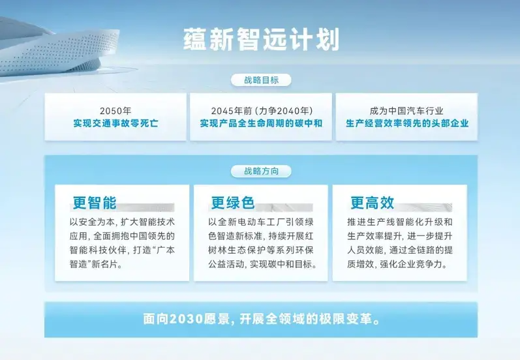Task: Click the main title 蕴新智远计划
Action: tap(262, 40)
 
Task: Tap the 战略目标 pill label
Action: tap(262, 80)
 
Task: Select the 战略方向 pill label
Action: tap(262, 171)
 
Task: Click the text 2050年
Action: tap(115, 111)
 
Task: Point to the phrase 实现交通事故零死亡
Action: tap(115, 123)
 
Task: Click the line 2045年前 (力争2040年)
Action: tap(262, 111)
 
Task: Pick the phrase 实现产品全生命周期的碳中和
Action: tap(262, 123)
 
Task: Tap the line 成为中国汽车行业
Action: tap(406, 111)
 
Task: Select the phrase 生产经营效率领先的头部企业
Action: tap(407, 123)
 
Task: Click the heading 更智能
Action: tap(95, 203)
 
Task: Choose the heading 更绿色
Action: tap(233, 203)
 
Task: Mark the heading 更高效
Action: tap(373, 203)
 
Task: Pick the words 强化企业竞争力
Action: tap(411, 264)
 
